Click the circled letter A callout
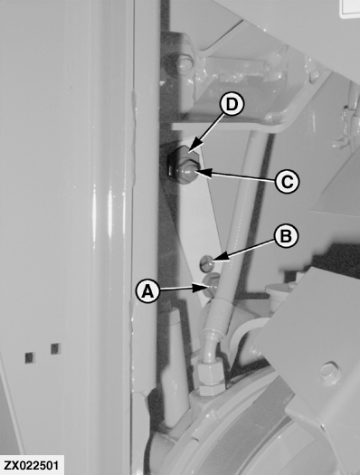pyautogui.click(x=147, y=291)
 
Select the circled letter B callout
pyautogui.click(x=286, y=236)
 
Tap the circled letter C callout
pyautogui.click(x=287, y=182)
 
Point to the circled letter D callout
pyautogui.click(x=232, y=105)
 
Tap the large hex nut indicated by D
pyautogui.click(x=184, y=165)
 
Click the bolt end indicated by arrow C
pyautogui.click(x=190, y=173)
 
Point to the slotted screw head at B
pyautogui.click(x=206, y=262)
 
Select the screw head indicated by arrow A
pyautogui.click(x=212, y=284)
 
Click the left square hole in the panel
pyautogui.click(x=30, y=357)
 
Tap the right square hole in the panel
pyautogui.click(x=56, y=348)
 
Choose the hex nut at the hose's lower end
pyautogui.click(x=212, y=377)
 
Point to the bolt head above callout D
pyautogui.click(x=183, y=65)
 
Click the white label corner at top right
pyautogui.click(x=350, y=8)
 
